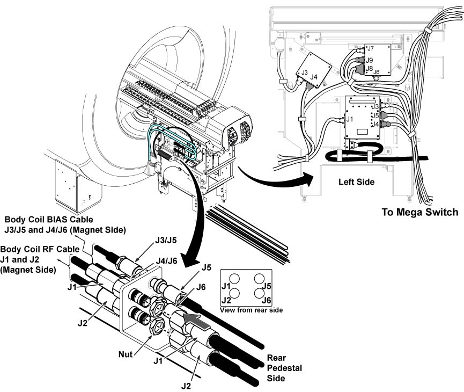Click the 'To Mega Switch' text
419,212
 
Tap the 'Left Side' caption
356,182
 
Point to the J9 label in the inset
370,60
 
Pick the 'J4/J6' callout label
167,261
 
